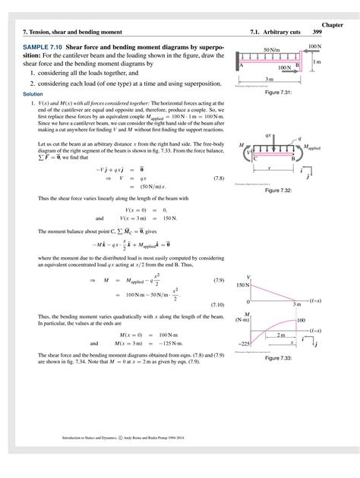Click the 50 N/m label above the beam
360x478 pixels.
coord(272,50)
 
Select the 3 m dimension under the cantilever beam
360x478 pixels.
coord(270,79)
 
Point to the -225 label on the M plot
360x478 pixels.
coord(243,343)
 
